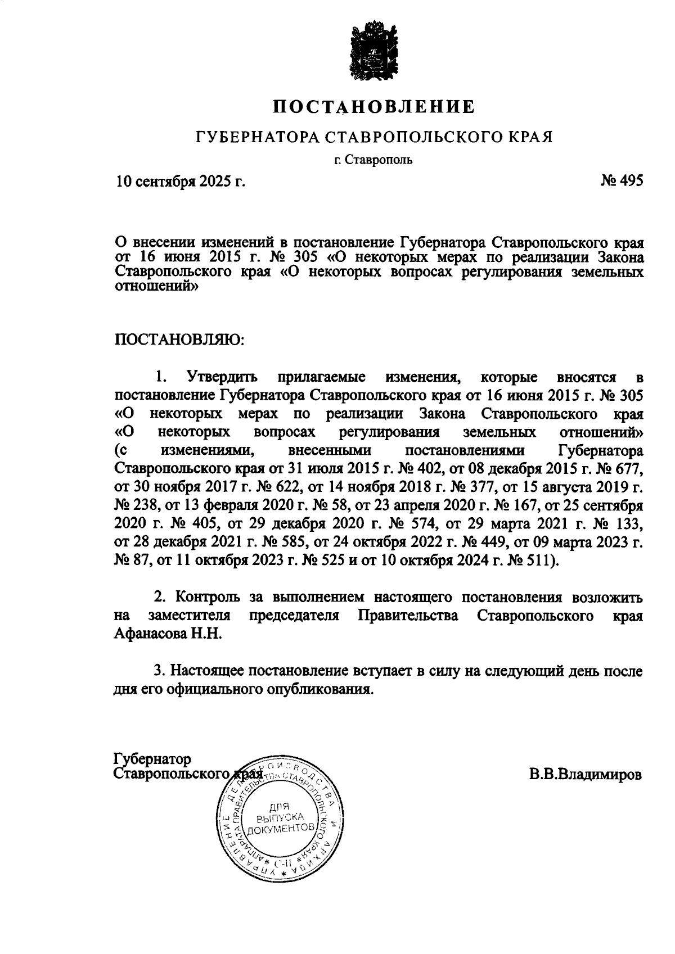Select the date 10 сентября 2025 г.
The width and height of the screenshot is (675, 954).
pos(181,182)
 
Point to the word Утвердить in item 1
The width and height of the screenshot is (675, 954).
pos(222,377)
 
